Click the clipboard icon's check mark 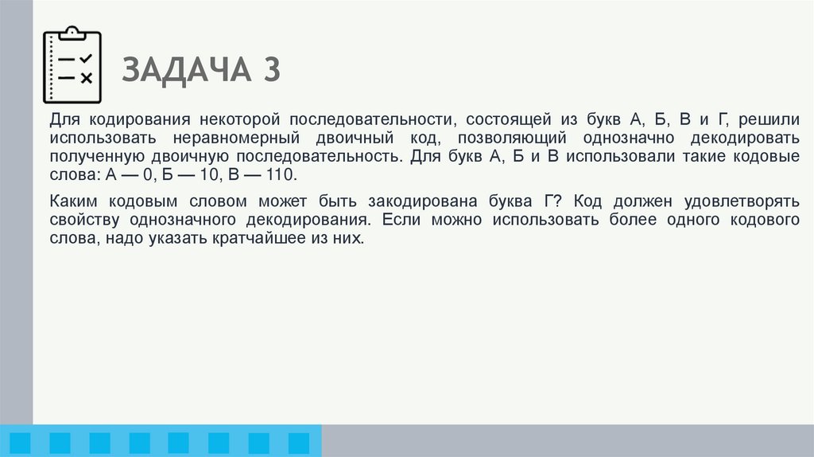click(x=87, y=59)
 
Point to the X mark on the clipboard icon click(x=87, y=77)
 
